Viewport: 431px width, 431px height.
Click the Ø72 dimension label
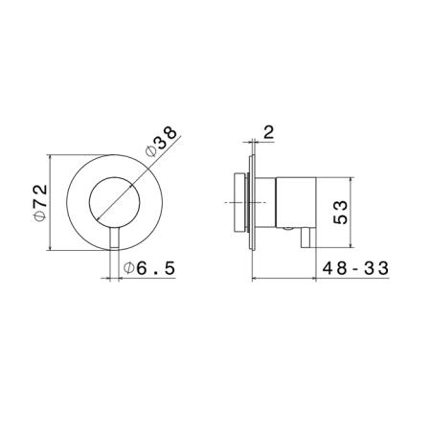click(41, 203)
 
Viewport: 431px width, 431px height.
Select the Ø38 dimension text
click(161, 142)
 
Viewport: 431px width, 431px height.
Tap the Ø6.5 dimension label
click(149, 268)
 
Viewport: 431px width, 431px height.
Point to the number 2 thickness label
click(269, 132)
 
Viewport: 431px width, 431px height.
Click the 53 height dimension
click(340, 212)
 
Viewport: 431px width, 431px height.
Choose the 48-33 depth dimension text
click(355, 268)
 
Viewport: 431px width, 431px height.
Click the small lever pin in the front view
click(114, 238)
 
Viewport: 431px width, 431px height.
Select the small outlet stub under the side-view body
click(306, 238)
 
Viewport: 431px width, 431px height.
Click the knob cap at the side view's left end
click(239, 203)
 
